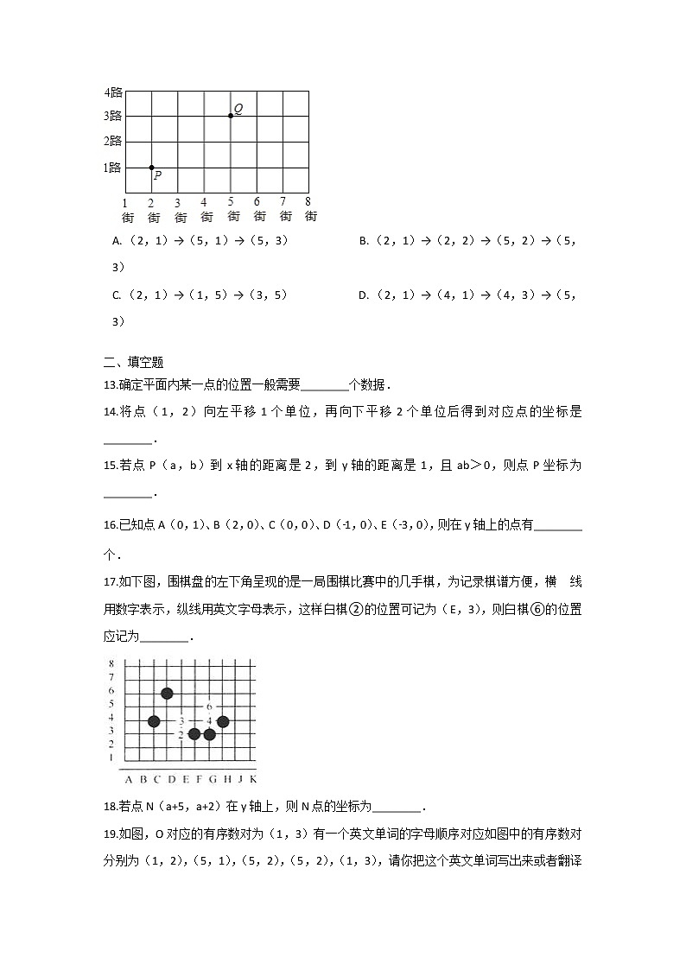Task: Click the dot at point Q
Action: tap(231, 115)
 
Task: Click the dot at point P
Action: tap(151, 168)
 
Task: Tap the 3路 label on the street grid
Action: tap(112, 116)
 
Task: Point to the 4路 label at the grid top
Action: tap(112, 92)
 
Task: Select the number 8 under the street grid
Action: tap(308, 202)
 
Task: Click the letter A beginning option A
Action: tap(116, 242)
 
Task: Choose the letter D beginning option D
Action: tap(363, 295)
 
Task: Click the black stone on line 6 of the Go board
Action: tap(167, 694)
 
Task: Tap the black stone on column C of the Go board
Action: tap(154, 721)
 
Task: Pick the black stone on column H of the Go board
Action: tap(223, 721)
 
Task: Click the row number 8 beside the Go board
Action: tap(111, 663)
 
